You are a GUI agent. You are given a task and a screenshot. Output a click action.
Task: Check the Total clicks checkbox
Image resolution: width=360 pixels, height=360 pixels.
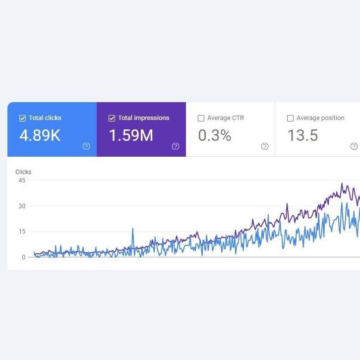click(22, 118)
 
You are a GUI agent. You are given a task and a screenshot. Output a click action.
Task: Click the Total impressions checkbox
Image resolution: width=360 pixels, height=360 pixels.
click(112, 118)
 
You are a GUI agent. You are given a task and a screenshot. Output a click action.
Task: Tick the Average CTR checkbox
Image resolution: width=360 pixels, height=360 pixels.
click(201, 118)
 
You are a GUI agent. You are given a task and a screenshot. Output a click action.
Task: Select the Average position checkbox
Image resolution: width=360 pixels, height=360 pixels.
click(290, 118)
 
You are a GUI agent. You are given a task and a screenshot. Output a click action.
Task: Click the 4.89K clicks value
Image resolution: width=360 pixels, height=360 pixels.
click(40, 135)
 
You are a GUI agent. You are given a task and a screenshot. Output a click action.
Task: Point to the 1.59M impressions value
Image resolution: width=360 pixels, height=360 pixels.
click(131, 135)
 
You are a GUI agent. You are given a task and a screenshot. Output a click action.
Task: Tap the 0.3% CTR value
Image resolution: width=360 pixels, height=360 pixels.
click(215, 135)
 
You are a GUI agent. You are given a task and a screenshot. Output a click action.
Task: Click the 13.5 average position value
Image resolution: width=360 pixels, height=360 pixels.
click(303, 135)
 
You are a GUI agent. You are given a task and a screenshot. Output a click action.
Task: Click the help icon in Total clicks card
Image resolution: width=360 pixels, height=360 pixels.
click(86, 146)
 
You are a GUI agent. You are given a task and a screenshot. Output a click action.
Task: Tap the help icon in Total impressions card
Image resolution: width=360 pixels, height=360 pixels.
click(176, 146)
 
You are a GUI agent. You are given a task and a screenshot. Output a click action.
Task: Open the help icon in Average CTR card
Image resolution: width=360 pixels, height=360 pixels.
click(265, 146)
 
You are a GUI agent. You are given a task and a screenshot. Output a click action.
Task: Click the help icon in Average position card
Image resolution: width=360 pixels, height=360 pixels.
click(354, 146)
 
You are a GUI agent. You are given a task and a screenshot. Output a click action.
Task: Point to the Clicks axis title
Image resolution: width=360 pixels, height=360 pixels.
click(23, 172)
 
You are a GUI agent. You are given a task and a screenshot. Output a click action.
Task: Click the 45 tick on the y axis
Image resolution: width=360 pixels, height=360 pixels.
click(22, 180)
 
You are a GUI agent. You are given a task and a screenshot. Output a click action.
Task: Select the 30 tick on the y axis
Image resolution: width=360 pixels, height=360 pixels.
click(22, 206)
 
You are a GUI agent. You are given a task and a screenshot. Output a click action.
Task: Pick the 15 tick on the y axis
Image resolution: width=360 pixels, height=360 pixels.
click(22, 232)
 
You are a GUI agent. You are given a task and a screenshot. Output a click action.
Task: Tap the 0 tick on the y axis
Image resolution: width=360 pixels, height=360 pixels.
click(24, 257)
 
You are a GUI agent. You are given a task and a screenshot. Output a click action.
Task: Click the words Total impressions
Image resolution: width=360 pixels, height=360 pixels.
click(144, 118)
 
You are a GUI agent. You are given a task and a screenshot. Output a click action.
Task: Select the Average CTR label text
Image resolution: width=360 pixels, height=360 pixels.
click(226, 118)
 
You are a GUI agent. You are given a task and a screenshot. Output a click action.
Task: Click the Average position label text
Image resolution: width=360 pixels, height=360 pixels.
click(320, 118)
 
